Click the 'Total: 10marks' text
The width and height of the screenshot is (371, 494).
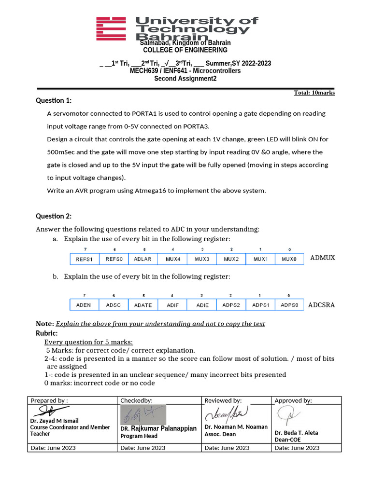click(314, 93)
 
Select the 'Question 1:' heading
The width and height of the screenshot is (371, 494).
click(54, 100)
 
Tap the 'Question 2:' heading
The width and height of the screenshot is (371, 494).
click(54, 216)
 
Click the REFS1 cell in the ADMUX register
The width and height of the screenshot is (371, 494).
click(85, 259)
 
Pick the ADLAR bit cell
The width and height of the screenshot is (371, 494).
click(143, 259)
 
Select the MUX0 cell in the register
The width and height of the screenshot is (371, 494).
click(289, 259)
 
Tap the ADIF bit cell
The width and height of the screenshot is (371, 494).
click(172, 305)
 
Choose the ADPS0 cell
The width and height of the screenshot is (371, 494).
click(289, 305)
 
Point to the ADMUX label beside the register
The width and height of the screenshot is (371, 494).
click(322, 258)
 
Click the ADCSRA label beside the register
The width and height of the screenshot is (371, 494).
click(321, 305)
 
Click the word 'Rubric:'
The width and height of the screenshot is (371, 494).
click(47, 333)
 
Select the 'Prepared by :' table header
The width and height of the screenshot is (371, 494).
click(49, 400)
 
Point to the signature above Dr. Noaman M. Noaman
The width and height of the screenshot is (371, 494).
click(227, 414)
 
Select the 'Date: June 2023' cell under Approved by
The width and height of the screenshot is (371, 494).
click(297, 448)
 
